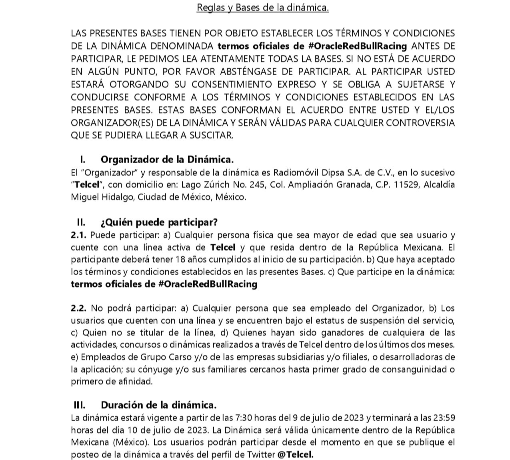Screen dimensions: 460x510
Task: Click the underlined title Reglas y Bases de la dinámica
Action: tap(262, 8)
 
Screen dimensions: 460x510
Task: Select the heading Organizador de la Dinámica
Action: tap(167, 159)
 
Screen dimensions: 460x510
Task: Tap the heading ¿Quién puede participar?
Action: tap(159, 222)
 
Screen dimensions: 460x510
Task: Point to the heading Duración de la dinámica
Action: tap(158, 405)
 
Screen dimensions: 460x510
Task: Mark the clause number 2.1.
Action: tap(79, 235)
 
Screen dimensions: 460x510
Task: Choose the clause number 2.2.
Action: tap(79, 308)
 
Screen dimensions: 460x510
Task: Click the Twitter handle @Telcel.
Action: tap(296, 455)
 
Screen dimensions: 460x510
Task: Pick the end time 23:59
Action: tap(444, 418)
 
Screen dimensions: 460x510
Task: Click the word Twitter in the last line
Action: tap(261, 455)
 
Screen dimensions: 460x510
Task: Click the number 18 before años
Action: tap(180, 259)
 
